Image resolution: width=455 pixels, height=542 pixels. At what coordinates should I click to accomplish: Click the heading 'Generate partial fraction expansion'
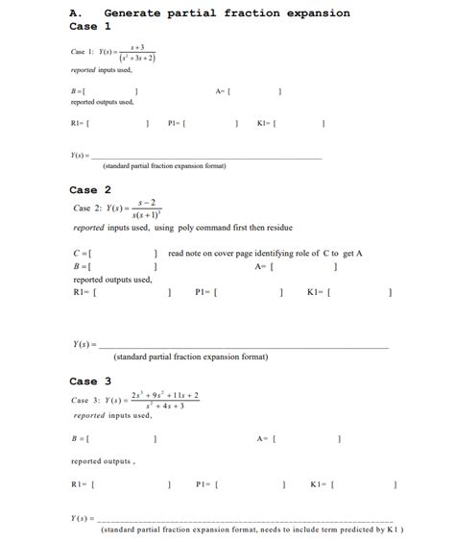(227, 13)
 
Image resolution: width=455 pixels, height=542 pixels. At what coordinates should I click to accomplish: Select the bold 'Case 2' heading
(90, 189)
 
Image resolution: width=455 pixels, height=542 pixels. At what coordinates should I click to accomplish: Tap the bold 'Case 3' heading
(90, 381)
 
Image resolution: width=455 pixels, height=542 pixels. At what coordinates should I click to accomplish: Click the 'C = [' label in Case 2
(82, 254)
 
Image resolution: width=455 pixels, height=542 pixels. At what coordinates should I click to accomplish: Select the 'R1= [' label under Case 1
(81, 123)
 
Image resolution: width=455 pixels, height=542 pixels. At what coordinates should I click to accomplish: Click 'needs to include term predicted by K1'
(341, 530)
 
